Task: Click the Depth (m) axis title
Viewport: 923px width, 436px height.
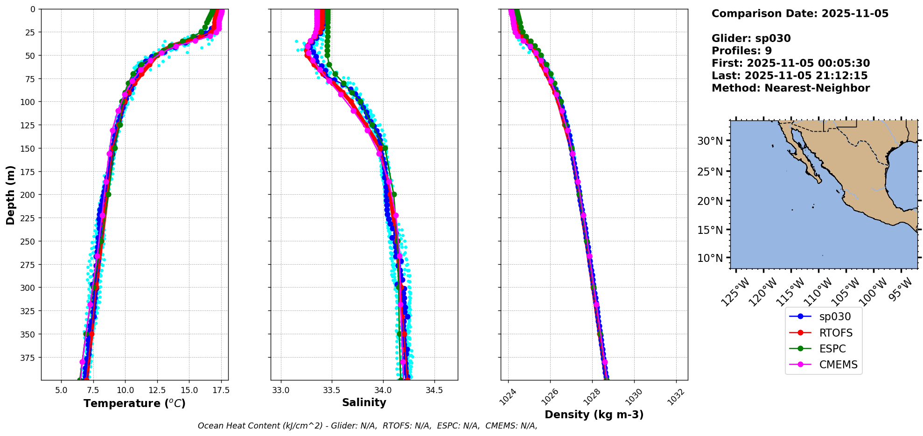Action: [11, 195]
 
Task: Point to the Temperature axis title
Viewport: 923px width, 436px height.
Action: [134, 403]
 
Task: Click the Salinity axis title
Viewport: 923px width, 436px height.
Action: [364, 402]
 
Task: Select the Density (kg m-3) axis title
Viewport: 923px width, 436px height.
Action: [594, 415]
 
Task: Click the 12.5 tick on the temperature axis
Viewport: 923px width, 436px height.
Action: [157, 390]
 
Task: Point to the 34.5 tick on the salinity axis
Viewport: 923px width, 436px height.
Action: [434, 390]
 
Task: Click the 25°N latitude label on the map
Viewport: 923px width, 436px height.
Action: [710, 171]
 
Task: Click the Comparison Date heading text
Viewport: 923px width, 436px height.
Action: [800, 14]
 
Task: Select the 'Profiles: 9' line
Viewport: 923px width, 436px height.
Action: [741, 51]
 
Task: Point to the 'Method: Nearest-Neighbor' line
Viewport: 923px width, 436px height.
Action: [790, 88]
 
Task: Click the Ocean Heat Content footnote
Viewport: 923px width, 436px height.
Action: [367, 426]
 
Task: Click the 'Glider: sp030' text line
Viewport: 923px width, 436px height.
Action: [751, 38]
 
